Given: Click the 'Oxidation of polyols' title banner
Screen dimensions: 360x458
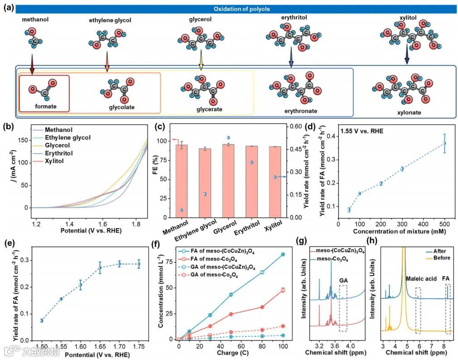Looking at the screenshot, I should (236, 9).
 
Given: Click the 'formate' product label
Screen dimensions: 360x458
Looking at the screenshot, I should (45, 106).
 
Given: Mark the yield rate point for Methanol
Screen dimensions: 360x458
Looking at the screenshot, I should (181, 210).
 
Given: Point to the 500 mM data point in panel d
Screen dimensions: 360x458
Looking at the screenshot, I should (444, 143).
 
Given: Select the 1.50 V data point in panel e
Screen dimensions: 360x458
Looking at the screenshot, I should (42, 321).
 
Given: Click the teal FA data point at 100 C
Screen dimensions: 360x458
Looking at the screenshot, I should (283, 254).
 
